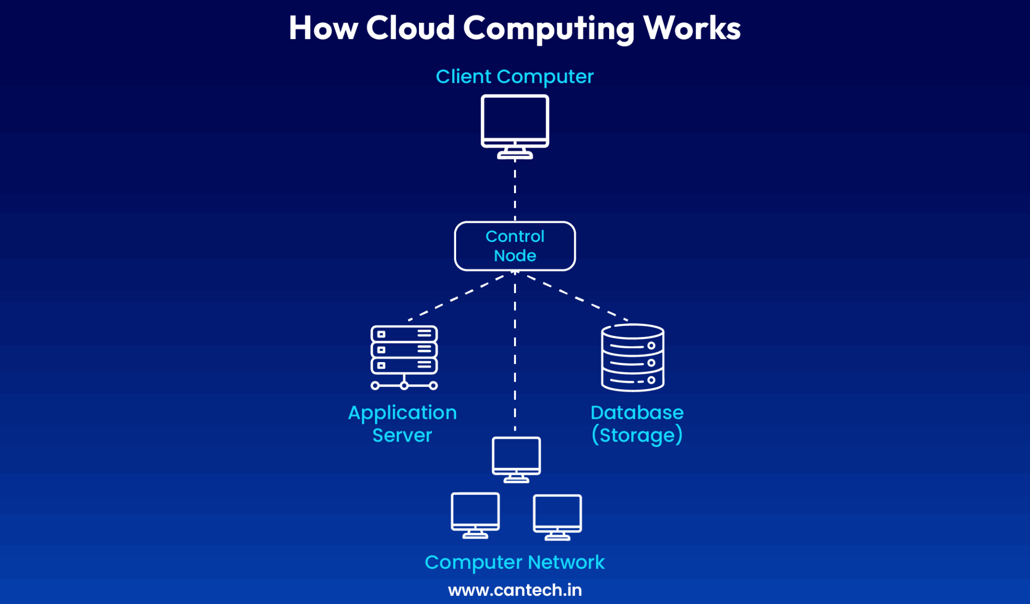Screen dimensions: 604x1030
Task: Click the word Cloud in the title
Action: pos(410,28)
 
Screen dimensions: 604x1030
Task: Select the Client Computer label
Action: pos(514,77)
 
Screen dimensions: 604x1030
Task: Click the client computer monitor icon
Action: pos(514,123)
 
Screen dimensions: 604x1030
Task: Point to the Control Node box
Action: pos(514,246)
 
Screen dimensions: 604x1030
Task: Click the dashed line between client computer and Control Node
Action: pos(514,191)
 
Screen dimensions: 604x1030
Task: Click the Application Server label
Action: pos(402,423)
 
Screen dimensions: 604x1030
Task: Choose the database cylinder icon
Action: pos(633,357)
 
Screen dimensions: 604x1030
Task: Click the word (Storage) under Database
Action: pos(637,435)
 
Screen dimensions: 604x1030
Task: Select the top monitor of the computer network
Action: pos(516,458)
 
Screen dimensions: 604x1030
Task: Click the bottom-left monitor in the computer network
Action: pos(475,514)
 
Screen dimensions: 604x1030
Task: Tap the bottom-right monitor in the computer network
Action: pos(557,515)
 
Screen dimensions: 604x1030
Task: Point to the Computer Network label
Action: pos(514,562)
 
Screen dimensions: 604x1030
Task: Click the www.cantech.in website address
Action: pos(514,590)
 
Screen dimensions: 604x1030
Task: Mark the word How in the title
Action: pos(323,28)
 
